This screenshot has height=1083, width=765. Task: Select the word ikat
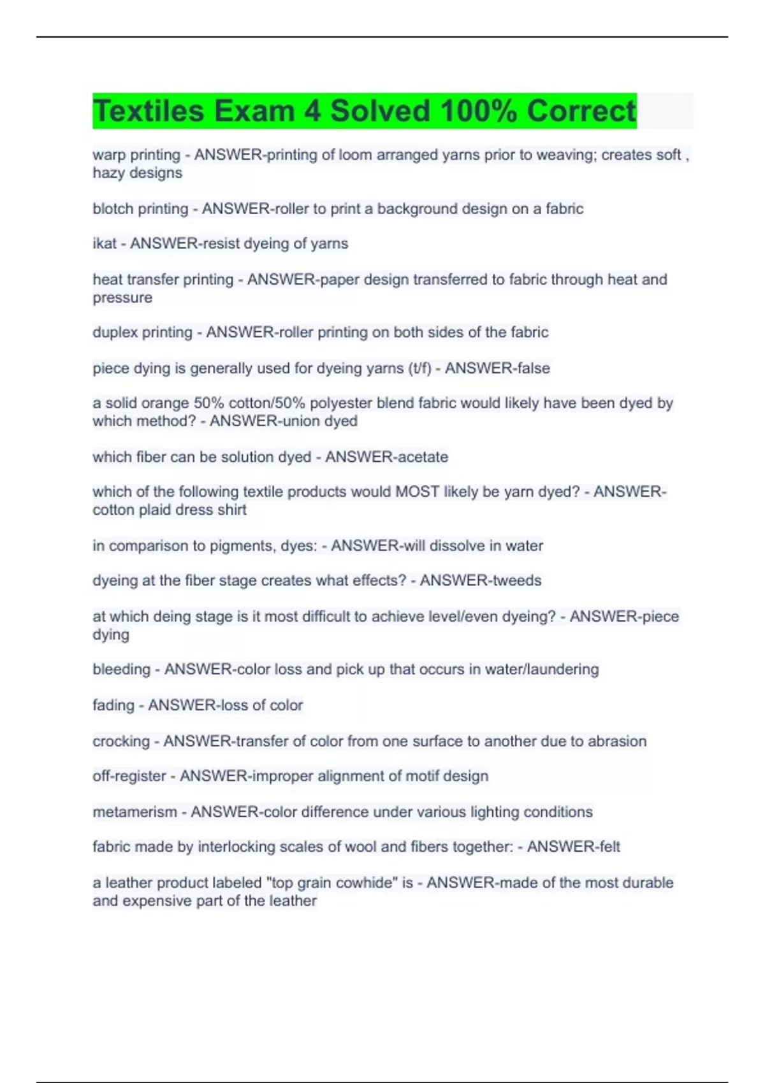105,243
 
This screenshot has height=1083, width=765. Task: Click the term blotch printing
140,209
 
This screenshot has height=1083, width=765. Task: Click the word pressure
122,298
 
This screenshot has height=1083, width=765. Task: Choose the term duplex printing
142,333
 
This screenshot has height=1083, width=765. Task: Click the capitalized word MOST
418,492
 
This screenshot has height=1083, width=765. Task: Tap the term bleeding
121,670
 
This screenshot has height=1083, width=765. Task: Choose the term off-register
129,776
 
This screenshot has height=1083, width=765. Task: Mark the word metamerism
135,812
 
